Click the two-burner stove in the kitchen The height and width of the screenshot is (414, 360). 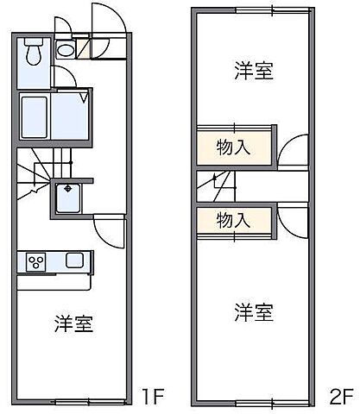click(x=37, y=260)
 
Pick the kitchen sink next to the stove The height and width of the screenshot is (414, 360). click(x=75, y=260)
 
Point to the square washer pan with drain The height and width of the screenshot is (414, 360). click(x=68, y=196)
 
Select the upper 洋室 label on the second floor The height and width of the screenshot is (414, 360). click(x=253, y=71)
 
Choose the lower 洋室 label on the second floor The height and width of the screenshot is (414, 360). click(x=253, y=311)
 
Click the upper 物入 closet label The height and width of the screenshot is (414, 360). click(x=233, y=146)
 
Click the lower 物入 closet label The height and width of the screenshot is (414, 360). click(x=233, y=219)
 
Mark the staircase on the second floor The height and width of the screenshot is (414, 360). click(x=212, y=183)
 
